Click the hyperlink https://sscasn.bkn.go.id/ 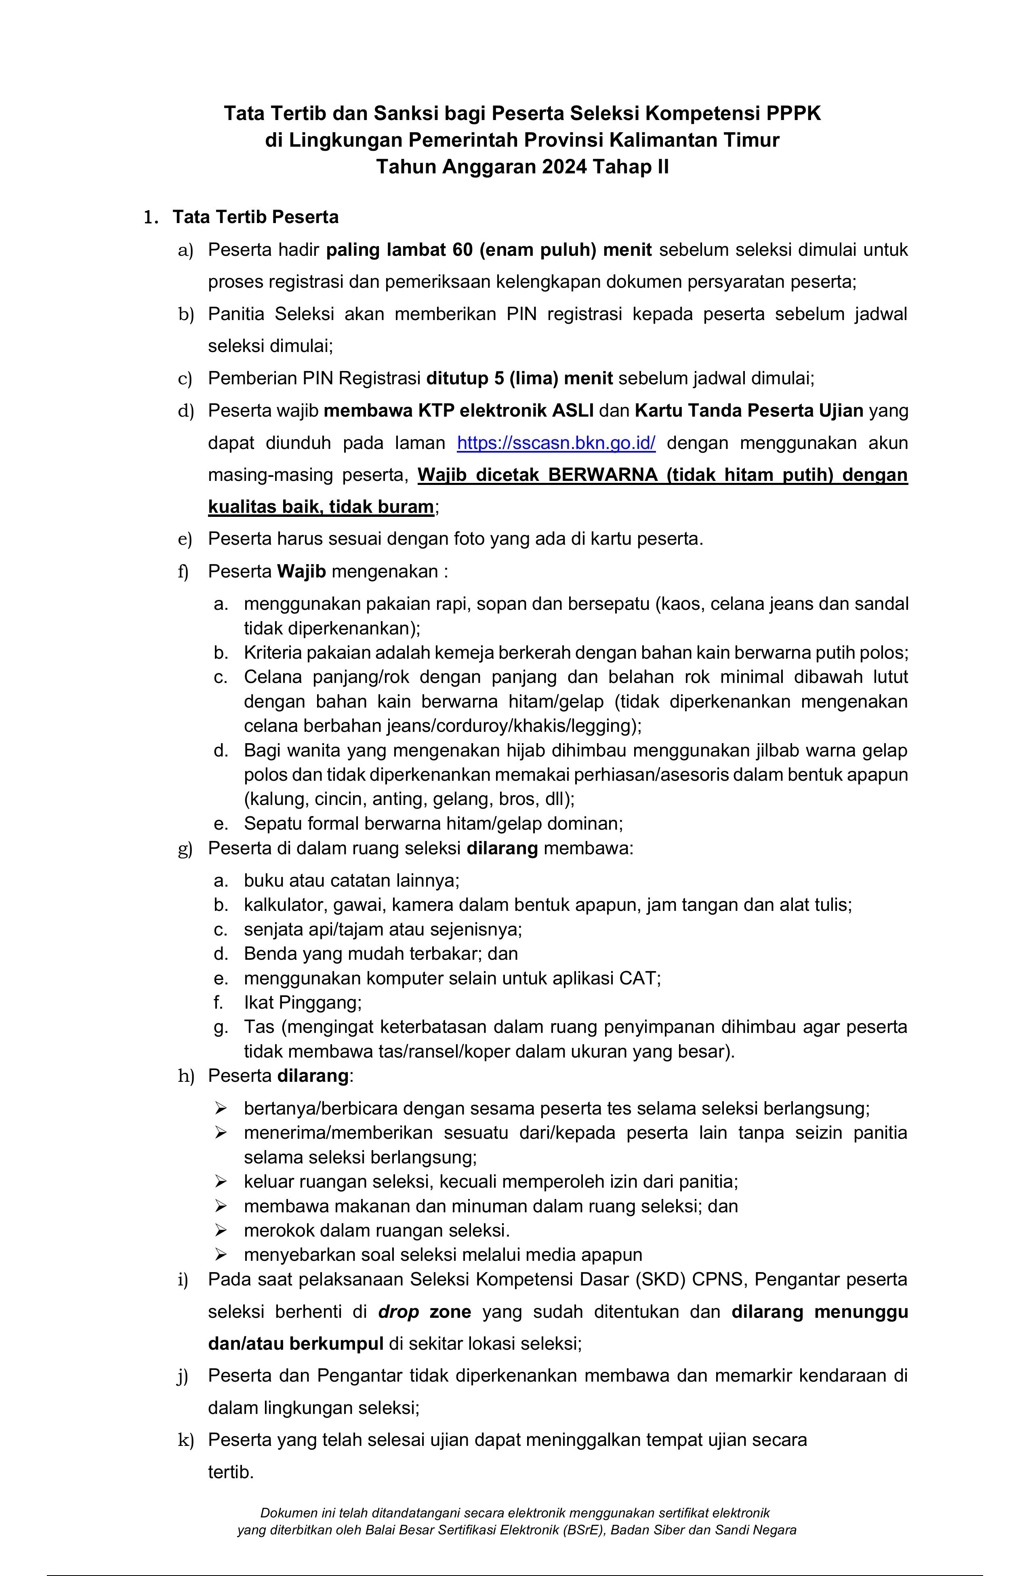click(x=556, y=443)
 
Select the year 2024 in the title click(x=564, y=167)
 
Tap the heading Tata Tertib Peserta click(x=256, y=217)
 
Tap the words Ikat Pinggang click(x=303, y=1003)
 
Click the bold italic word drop click(x=399, y=1312)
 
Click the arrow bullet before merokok click(x=221, y=1231)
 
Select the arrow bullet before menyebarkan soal click(x=221, y=1255)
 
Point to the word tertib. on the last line click(x=231, y=1472)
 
